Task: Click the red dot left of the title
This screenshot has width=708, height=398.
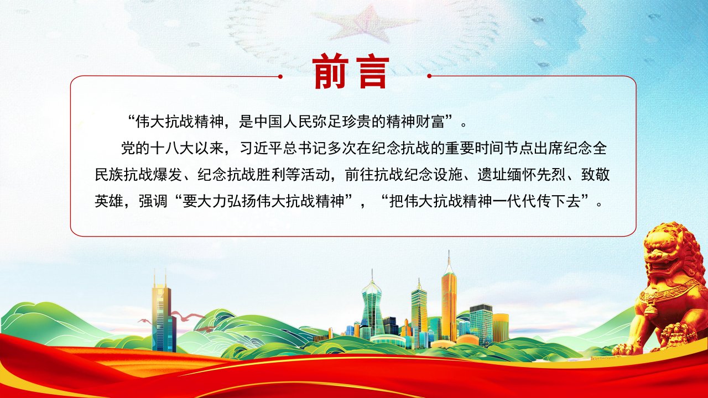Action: click(280, 76)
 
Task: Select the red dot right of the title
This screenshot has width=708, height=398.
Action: click(429, 76)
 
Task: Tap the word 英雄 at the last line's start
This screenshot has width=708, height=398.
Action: click(109, 201)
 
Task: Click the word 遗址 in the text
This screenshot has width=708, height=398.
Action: click(492, 174)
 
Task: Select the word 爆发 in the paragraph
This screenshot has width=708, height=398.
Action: click(168, 174)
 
